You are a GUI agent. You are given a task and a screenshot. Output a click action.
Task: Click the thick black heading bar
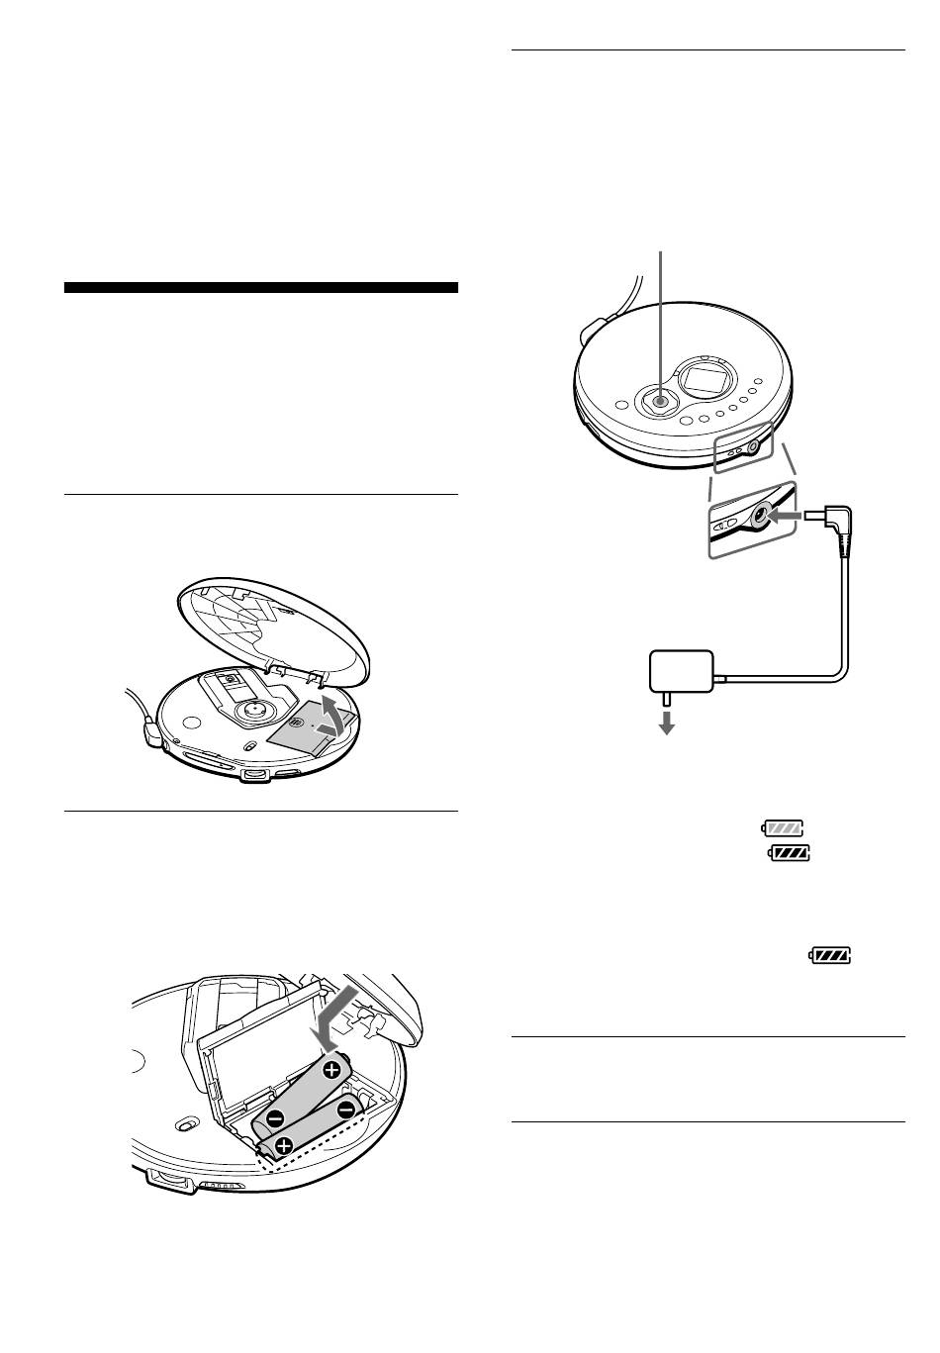(x=261, y=288)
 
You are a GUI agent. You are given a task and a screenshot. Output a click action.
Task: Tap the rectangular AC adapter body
(x=682, y=672)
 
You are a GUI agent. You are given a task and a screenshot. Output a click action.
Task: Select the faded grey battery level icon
(x=784, y=827)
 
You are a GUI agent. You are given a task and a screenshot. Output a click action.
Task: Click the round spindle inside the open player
(x=254, y=710)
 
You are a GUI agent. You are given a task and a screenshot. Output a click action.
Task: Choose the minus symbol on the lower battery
(x=346, y=1110)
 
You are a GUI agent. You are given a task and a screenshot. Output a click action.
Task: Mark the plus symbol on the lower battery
(x=284, y=1147)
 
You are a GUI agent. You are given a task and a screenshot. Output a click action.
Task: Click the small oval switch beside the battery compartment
(x=184, y=1125)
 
